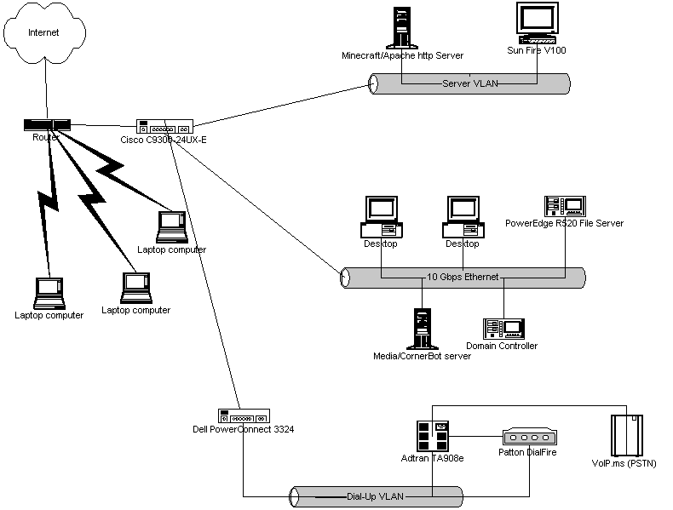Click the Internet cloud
[x=44, y=34]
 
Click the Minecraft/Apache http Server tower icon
[x=402, y=27]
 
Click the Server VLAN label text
[x=470, y=83]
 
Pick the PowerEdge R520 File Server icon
[x=564, y=205]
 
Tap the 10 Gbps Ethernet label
[x=463, y=278]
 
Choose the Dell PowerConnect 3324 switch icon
[x=242, y=416]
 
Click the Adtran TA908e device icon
[x=433, y=434]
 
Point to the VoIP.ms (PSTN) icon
[x=626, y=436]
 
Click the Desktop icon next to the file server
[x=463, y=217]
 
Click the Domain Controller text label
[x=502, y=346]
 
